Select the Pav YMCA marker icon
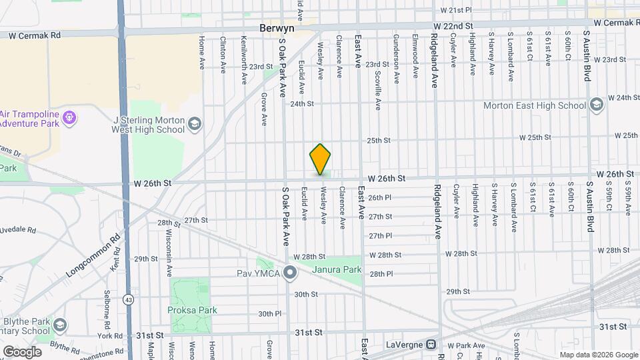pyautogui.click(x=290, y=272)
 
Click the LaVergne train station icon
pyautogui.click(x=431, y=345)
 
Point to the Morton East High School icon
pyautogui.click(x=596, y=105)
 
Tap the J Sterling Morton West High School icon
pyautogui.click(x=194, y=124)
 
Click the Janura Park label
pyautogui.click(x=337, y=269)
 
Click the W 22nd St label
pyautogui.click(x=453, y=25)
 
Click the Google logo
pyautogui.click(x=22, y=351)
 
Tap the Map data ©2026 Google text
pyautogui.click(x=598, y=355)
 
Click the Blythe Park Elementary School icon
pyautogui.click(x=59, y=325)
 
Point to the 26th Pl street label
pyautogui.click(x=379, y=197)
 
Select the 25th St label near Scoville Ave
pyautogui.click(x=378, y=141)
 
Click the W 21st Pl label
pyautogui.click(x=457, y=10)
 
